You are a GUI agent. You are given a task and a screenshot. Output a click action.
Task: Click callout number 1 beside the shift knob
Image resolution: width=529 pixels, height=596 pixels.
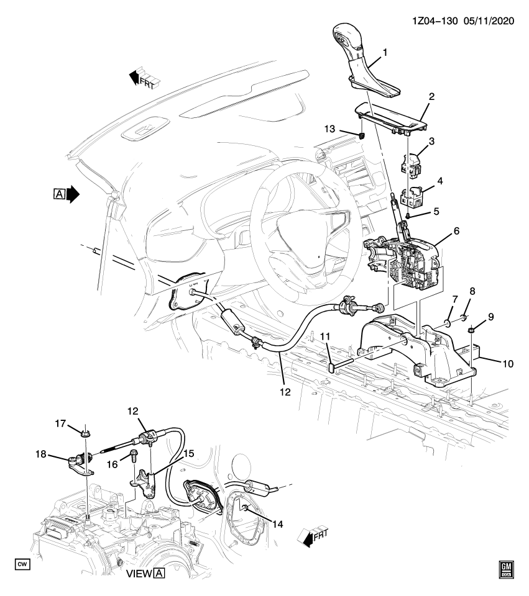click(384, 52)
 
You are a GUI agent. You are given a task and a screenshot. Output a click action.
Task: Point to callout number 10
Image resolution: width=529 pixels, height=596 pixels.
click(508, 364)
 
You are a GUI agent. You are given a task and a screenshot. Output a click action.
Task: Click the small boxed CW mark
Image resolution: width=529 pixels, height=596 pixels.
click(22, 564)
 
